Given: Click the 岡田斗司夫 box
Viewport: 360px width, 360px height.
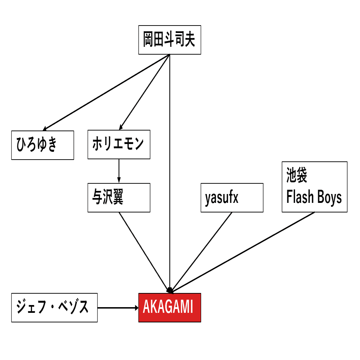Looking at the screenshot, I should point(170,40).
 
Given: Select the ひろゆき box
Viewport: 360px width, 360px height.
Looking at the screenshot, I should point(43,145).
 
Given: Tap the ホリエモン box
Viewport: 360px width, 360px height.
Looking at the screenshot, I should point(119,144).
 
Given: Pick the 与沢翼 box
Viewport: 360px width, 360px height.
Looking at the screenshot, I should point(119,198).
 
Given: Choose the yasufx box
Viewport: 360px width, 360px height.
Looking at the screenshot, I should point(232,198).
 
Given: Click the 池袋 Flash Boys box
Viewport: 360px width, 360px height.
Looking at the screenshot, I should point(314,187).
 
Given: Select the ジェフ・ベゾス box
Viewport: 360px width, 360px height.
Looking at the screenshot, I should point(54,308).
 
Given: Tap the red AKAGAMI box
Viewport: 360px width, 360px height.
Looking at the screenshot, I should point(170,308).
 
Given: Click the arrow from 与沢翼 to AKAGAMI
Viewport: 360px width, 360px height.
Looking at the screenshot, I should point(144,252).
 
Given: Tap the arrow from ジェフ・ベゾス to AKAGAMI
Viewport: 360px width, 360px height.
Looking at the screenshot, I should point(117,308).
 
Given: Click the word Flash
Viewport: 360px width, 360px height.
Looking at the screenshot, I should point(300,198).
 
